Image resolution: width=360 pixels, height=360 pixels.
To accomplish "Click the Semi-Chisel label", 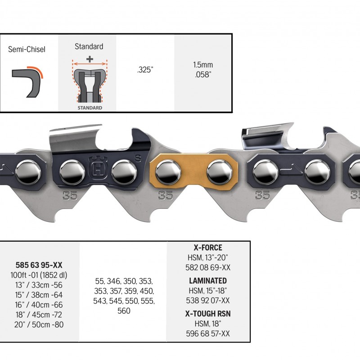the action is [x=27, y=49].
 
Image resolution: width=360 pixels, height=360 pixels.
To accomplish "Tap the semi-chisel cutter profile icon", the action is [x=27, y=82].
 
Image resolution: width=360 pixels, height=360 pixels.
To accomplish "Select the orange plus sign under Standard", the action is [x=90, y=59].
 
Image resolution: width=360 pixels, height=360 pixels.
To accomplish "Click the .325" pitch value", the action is [x=145, y=70].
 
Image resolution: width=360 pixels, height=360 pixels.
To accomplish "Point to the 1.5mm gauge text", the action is [x=203, y=65].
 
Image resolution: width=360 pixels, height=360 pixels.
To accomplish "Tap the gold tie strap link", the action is [x=194, y=172].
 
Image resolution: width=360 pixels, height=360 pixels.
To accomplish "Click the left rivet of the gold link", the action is [x=168, y=172].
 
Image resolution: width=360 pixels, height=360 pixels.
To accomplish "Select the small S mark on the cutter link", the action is [x=138, y=158].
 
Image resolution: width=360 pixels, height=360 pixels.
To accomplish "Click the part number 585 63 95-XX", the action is [x=39, y=265].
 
